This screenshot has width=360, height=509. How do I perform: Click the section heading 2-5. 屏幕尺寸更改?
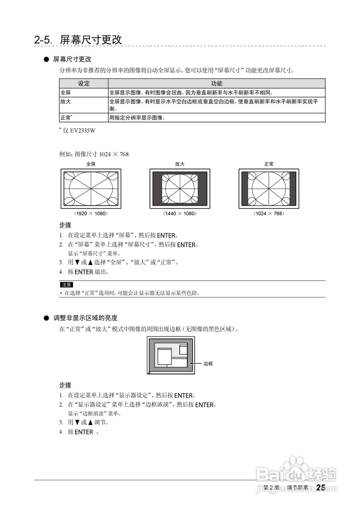78,40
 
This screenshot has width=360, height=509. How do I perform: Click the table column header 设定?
84,84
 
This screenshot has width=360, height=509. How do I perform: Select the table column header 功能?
217,84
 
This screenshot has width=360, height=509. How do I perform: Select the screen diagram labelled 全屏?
91,188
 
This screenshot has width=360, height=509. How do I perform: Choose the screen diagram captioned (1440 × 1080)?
180,188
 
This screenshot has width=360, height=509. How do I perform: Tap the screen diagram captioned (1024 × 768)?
269,188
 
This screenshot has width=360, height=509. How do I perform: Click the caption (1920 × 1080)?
91,214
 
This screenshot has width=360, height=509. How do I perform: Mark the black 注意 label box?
66,285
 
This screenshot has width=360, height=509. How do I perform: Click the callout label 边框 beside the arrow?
208,363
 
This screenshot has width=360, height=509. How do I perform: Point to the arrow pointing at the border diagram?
195,363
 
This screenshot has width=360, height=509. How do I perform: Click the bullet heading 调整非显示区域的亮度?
86,318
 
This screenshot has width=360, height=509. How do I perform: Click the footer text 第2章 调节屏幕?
286,488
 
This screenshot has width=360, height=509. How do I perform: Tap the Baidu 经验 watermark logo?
296,473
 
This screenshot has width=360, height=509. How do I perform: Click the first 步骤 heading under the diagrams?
65,225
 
